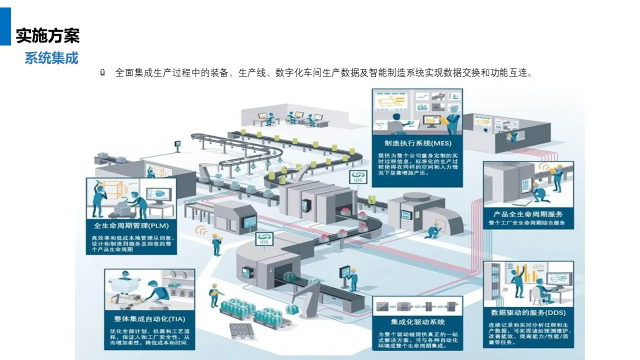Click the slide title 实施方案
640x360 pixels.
pyautogui.click(x=47, y=36)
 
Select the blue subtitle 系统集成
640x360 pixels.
pyautogui.click(x=51, y=58)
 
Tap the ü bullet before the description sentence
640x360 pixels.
pyautogui.click(x=102, y=73)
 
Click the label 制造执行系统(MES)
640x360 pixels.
pyautogui.click(x=414, y=144)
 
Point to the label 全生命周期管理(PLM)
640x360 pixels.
pyautogui.click(x=131, y=225)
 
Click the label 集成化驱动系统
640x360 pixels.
pyautogui.click(x=417, y=321)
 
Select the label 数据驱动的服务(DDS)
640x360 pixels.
pyautogui.click(x=528, y=313)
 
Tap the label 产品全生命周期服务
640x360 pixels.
pyautogui.click(x=528, y=214)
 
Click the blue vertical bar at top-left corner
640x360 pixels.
pyautogui.click(x=5, y=26)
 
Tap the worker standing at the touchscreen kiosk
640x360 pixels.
pyautogui.click(x=352, y=278)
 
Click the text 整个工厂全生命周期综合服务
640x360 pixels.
pyautogui.click(x=527, y=222)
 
